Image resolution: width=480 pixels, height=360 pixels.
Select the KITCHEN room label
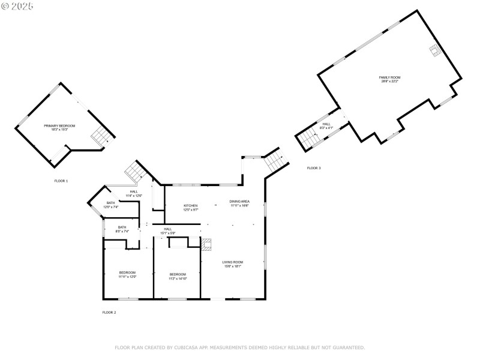pos(190,207)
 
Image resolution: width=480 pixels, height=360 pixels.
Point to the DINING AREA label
pos(239,203)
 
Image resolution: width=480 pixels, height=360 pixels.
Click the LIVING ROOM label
pos(232,263)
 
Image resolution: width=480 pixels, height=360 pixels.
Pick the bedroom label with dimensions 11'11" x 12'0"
pos(127,274)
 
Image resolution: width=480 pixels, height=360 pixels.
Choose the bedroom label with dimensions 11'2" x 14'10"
pos(178,276)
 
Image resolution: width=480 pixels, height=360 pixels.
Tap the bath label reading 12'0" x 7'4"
pos(111,205)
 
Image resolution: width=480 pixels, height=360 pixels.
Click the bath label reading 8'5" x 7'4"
pos(122,229)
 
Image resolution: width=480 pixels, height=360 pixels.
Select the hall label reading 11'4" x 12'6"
pos(134,193)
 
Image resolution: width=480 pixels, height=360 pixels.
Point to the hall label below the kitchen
pos(168,230)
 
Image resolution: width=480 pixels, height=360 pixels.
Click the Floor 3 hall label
pos(326,125)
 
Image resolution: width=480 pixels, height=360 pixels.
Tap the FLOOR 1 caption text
pos(61,181)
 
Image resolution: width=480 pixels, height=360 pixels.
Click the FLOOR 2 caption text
pos(109,312)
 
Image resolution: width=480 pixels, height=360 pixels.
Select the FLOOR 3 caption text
pos(314,168)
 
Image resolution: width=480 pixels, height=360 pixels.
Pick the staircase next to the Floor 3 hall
pos(307,139)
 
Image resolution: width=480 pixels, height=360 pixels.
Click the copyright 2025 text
pos(17,5)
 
